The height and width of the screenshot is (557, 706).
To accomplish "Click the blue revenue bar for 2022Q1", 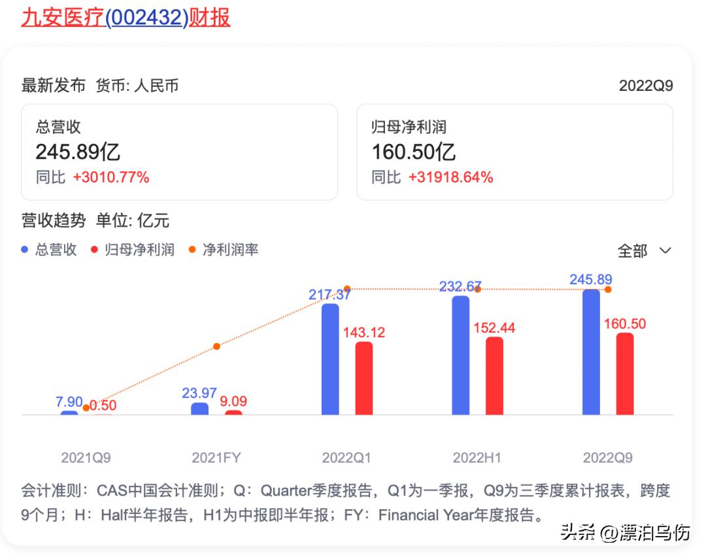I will (330, 359).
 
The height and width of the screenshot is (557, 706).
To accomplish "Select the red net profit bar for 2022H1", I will (494, 376).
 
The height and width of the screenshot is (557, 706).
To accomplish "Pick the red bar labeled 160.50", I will (625, 374).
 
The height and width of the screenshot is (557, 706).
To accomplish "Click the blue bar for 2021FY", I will (199, 409).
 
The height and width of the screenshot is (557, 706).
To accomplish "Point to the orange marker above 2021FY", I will (216, 346).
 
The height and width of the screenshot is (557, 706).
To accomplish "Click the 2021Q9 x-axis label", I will (86, 458).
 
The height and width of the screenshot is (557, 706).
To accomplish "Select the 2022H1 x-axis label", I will (477, 458).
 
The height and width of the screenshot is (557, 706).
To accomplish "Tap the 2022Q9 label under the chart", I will (607, 458).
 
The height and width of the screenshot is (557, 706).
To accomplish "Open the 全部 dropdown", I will (645, 251).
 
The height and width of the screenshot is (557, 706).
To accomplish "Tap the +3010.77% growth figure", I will (110, 177).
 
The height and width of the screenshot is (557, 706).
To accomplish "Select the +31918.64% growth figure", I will (450, 177).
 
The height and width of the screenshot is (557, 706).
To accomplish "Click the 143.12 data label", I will (364, 332).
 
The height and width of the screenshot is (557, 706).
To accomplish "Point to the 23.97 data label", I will (199, 393).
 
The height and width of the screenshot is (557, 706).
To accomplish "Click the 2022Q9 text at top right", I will (645, 86).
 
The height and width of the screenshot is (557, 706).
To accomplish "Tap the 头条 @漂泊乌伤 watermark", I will (625, 533).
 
